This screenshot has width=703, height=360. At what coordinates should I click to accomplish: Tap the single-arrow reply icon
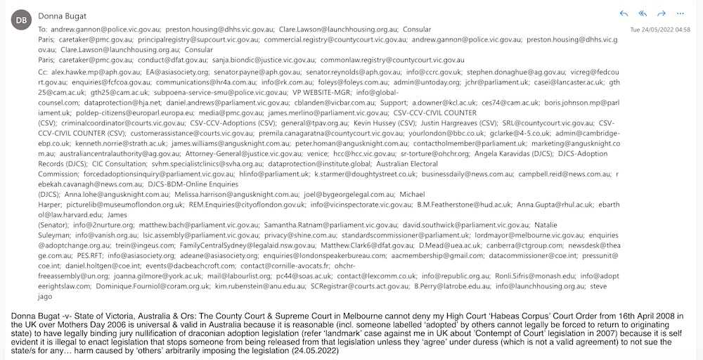624,13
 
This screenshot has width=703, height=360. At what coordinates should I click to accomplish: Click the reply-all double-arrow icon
643,13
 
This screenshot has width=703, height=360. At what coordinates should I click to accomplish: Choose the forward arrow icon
661,13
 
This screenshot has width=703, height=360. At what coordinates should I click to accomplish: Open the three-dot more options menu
680,13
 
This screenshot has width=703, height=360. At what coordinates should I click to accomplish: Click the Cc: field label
44,72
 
